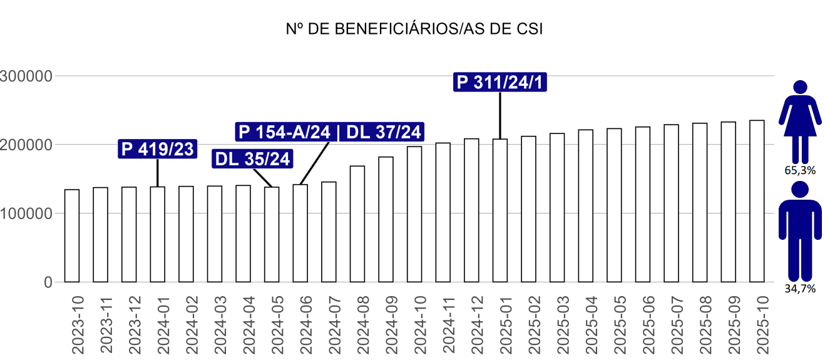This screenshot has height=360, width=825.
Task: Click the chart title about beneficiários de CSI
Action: [412, 29]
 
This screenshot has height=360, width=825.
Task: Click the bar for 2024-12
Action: [471, 210]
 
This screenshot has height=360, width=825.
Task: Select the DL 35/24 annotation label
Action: [253, 159]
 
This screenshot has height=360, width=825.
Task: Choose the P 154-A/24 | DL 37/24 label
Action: [330, 131]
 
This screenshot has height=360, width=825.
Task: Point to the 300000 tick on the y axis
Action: [26, 76]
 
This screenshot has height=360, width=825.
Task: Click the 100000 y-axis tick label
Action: [26, 213]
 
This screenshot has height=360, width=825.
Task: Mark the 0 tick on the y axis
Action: [48, 282]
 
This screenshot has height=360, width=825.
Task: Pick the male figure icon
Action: [799, 231]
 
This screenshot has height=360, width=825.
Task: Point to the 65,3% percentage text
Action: [799, 170]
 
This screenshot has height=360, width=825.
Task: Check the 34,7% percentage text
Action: [799, 289]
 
